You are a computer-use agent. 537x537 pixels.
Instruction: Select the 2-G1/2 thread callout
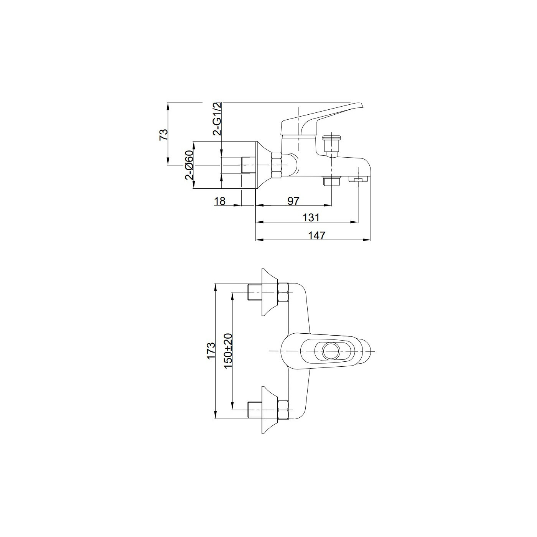(x=217, y=119)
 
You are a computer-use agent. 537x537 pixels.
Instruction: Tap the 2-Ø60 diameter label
(x=189, y=165)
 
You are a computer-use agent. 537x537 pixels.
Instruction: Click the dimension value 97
(x=293, y=201)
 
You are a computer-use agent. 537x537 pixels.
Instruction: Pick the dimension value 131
(x=311, y=217)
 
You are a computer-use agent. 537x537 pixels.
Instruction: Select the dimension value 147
(x=317, y=235)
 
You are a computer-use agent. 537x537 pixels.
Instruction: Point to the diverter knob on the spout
(x=330, y=144)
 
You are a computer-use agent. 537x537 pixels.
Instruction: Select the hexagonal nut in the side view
(x=277, y=165)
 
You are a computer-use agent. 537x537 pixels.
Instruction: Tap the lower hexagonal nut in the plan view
(x=283, y=410)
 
